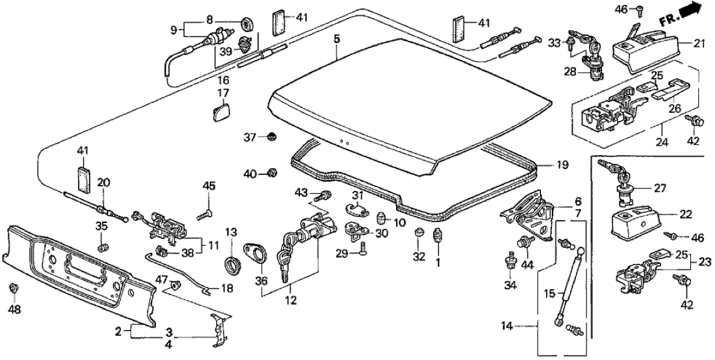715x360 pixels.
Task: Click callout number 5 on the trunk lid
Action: [336, 39]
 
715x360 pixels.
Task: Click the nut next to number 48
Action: [14, 288]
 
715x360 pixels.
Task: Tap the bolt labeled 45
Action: [207, 212]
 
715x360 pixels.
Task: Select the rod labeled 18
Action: [182, 273]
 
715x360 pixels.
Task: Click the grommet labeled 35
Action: [101, 248]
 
